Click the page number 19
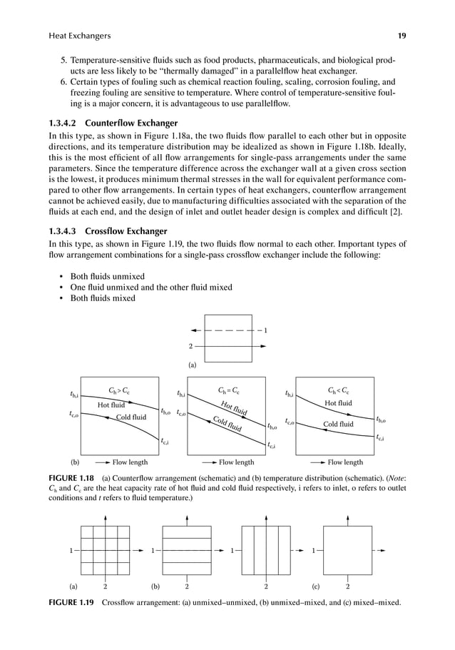point(402,36)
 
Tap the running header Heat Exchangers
point(79,36)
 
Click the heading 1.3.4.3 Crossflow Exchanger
point(107,231)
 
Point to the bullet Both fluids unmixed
point(104,276)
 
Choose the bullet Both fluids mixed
point(99,298)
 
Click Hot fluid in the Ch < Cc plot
point(338,403)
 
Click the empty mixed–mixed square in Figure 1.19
point(347,550)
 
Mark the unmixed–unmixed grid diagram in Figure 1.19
point(106,550)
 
